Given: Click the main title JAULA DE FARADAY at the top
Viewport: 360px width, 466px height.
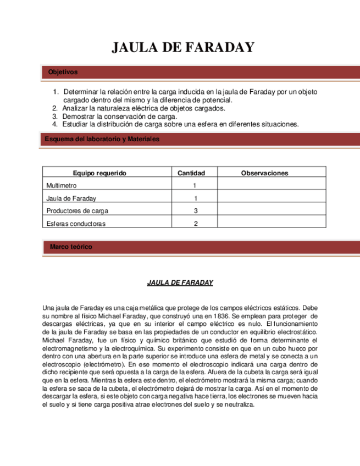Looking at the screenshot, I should [x=183, y=48].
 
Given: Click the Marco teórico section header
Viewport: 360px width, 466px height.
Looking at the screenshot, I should [x=71, y=247].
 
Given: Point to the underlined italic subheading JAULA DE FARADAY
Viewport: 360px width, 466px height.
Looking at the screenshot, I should [x=180, y=282].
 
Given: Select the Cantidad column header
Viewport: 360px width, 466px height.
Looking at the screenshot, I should [x=191, y=173].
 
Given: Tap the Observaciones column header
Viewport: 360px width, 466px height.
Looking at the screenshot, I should [x=264, y=173].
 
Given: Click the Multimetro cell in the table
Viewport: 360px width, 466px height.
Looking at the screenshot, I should [x=62, y=186].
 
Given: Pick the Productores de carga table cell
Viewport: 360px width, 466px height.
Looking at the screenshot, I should [x=77, y=211].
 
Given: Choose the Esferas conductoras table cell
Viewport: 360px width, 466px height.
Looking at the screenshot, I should [x=76, y=224].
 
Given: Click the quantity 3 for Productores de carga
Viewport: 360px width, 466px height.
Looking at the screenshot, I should [x=195, y=211].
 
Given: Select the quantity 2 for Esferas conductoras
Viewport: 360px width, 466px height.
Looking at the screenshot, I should [x=195, y=224].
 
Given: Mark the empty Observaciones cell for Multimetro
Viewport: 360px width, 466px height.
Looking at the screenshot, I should [x=264, y=186].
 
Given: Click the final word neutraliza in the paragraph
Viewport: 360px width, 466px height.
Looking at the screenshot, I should [x=237, y=404].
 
